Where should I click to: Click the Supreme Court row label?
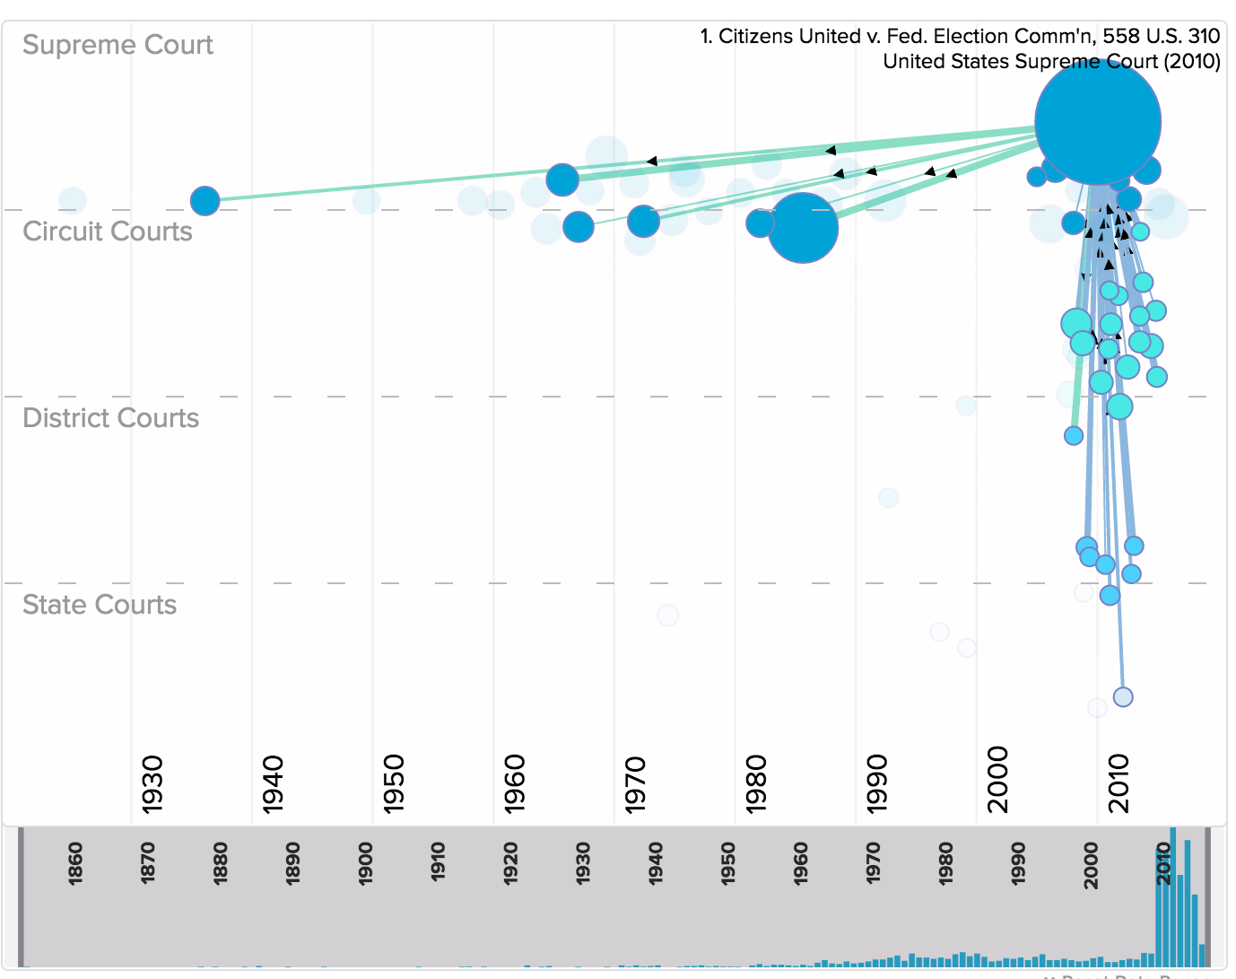coord(118,45)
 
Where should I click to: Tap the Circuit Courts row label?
coord(108,232)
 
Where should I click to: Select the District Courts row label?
coord(110,418)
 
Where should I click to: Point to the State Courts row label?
coord(100,605)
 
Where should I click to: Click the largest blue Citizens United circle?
coord(1097,121)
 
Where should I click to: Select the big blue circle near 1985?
coord(803,228)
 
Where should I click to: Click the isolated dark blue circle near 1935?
coord(205,201)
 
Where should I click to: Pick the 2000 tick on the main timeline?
coord(997,779)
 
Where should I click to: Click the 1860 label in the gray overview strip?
coord(75,864)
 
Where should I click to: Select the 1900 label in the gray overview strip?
coord(366,864)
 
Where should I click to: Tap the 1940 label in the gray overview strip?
coord(656,864)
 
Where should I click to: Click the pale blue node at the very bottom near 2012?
coord(1123,696)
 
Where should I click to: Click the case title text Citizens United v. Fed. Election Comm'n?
coord(960,37)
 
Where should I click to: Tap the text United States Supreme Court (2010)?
coord(1051,62)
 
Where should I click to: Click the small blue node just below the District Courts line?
coord(1074,435)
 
